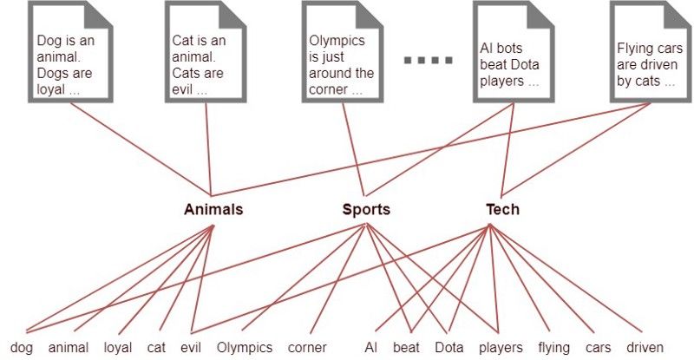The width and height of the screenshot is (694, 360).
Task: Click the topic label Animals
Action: click(213, 209)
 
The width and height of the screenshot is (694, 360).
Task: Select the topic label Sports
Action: click(366, 209)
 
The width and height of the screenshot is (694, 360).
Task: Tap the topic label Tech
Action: click(502, 209)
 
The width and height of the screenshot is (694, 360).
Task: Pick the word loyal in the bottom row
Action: click(118, 348)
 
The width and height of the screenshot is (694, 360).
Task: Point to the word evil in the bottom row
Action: click(190, 348)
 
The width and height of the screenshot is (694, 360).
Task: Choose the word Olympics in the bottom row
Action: click(245, 348)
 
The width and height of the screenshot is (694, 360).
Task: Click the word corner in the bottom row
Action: click(307, 348)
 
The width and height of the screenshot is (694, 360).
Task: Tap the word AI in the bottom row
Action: click(370, 348)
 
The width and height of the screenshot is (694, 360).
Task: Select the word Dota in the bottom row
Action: click(449, 348)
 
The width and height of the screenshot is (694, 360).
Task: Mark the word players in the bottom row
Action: click(501, 348)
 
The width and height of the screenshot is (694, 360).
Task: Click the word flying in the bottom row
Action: click(553, 348)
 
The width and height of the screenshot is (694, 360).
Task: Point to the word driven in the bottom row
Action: click(645, 348)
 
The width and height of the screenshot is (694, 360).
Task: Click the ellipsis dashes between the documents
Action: click(429, 60)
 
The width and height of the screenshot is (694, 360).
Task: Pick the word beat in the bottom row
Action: click(406, 348)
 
